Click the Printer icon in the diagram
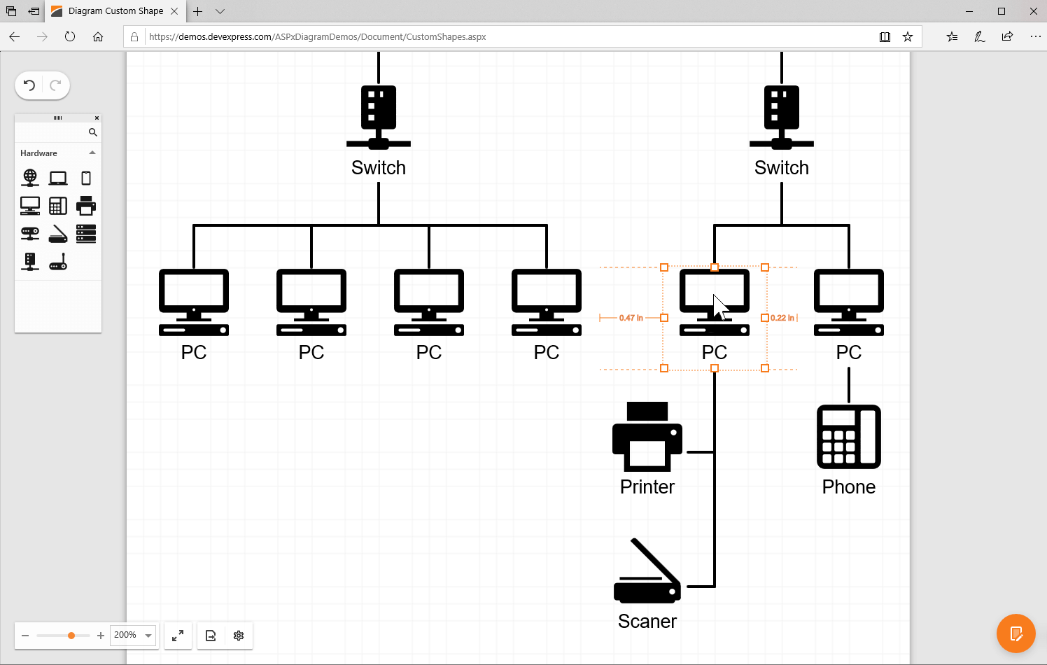pyautogui.click(x=647, y=437)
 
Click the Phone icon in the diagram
pyautogui.click(x=848, y=437)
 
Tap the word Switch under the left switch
pyautogui.click(x=378, y=168)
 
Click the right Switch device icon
pyautogui.click(x=781, y=116)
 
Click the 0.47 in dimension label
pyautogui.click(x=631, y=318)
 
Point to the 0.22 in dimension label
pyautogui.click(x=782, y=318)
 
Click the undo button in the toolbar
pyautogui.click(x=29, y=85)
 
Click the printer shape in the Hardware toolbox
pyautogui.click(x=86, y=206)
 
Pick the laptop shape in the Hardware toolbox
pyautogui.click(x=58, y=178)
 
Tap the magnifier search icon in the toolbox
pyautogui.click(x=92, y=132)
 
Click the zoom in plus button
pyautogui.click(x=101, y=636)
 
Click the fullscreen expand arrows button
pyautogui.click(x=178, y=636)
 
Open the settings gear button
pyautogui.click(x=239, y=636)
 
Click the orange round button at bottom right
pyautogui.click(x=1016, y=633)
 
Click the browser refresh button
pyautogui.click(x=70, y=36)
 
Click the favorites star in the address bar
pyautogui.click(x=908, y=36)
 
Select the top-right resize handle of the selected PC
pyautogui.click(x=765, y=267)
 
